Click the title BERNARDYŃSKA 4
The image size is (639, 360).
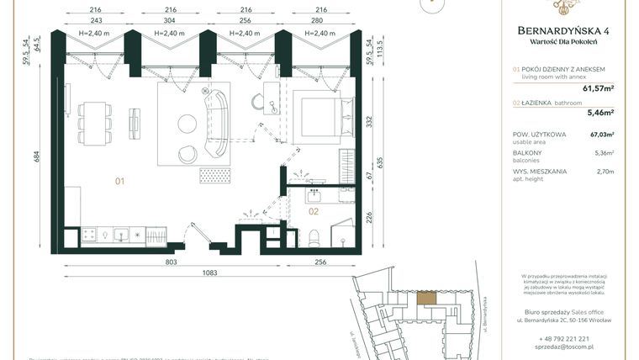564,32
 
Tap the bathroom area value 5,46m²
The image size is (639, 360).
599,111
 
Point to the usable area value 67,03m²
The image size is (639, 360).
601,134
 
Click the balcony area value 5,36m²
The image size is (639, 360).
601,153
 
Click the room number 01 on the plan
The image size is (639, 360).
120,180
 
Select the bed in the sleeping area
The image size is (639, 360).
316,121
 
